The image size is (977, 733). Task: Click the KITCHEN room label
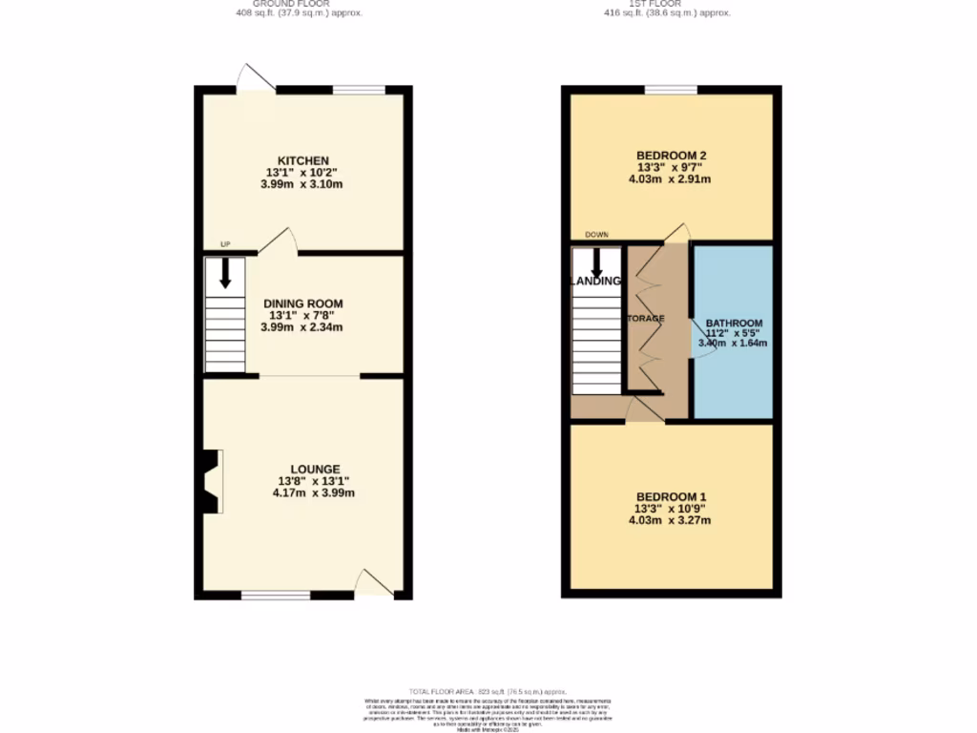point(302,160)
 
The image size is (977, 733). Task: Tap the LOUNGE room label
point(302,469)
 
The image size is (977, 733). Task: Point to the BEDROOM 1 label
point(670,497)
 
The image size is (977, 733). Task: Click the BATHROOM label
point(734,323)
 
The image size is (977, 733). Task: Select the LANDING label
point(596,281)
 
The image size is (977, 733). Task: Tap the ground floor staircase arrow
point(225,274)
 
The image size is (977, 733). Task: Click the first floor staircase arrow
point(596,262)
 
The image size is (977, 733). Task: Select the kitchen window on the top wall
point(359,90)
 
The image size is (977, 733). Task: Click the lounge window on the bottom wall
point(276,596)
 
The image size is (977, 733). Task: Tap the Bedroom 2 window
point(670,90)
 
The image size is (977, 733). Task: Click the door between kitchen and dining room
point(278,242)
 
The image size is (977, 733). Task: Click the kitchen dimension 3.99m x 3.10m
point(301,184)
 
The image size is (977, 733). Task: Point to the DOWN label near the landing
point(597,235)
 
